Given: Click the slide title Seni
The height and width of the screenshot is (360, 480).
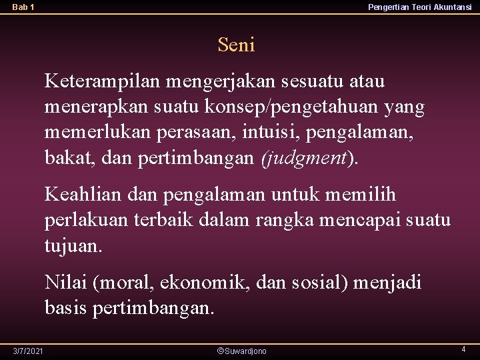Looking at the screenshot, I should click(236, 45).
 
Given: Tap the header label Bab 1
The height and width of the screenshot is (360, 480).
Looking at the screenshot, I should click(23, 7).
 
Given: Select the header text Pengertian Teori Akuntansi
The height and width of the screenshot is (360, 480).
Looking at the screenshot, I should click(419, 7).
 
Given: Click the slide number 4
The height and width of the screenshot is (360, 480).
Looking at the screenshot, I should click(463, 349).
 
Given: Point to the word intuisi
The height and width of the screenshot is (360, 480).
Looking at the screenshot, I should click(276, 133).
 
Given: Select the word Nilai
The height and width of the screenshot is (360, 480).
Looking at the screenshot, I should click(67, 283).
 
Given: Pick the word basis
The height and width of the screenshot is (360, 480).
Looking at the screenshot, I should click(66, 308).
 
